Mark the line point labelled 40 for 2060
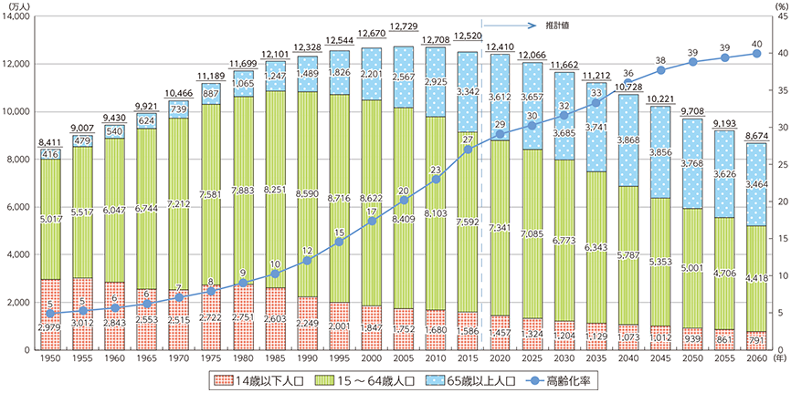coord(757,53)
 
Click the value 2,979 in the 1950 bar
coord(51,325)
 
